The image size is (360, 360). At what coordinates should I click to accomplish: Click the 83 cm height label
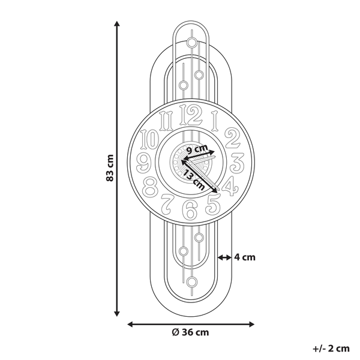[x=110, y=169]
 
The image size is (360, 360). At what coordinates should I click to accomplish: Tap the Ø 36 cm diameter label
[x=190, y=332]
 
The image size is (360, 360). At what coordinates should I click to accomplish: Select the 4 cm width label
[x=245, y=257]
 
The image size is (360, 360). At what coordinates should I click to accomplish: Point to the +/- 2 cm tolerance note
[x=331, y=347]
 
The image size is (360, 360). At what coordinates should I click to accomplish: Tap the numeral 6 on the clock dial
[x=190, y=210]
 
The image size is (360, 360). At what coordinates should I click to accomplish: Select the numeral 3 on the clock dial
[x=236, y=162]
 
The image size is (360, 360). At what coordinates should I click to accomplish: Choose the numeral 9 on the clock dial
[x=145, y=162]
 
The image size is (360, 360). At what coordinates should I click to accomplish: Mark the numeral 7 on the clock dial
[x=169, y=206]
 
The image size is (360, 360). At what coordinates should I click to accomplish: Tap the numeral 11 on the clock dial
[x=167, y=119]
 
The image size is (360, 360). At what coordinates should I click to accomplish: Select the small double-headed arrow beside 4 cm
[x=224, y=257]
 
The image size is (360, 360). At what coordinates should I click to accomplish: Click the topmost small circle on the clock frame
[x=191, y=43]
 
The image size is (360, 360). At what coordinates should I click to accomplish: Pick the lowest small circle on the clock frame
[x=191, y=281]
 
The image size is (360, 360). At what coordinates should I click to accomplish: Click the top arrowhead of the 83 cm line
[x=117, y=25]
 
